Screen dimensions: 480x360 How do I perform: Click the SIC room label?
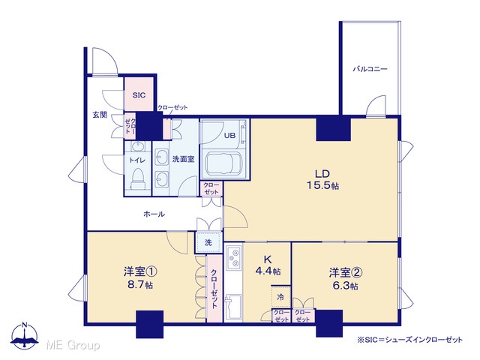click(139, 95)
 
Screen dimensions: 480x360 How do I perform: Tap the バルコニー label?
click(370, 69)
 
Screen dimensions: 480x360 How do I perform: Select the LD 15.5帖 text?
click(322, 180)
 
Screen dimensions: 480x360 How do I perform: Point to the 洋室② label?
click(346, 272)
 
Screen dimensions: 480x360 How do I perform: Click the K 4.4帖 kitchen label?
click(268, 265)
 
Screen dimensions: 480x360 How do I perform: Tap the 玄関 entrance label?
click(100, 115)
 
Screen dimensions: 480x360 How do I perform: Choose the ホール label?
click(154, 214)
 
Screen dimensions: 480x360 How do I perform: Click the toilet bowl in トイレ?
click(137, 178)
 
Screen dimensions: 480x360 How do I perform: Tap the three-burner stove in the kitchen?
click(235, 257)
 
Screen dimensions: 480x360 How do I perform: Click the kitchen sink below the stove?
click(233, 307)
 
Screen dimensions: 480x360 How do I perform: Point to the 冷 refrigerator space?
click(280, 297)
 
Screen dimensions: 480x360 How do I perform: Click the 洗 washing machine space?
click(208, 242)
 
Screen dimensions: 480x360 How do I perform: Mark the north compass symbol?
click(25, 335)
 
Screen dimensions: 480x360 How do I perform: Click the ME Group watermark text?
click(73, 346)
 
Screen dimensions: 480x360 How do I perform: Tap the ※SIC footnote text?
click(410, 340)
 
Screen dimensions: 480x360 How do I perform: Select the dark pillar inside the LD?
click(333, 129)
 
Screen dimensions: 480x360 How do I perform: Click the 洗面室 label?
click(183, 159)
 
